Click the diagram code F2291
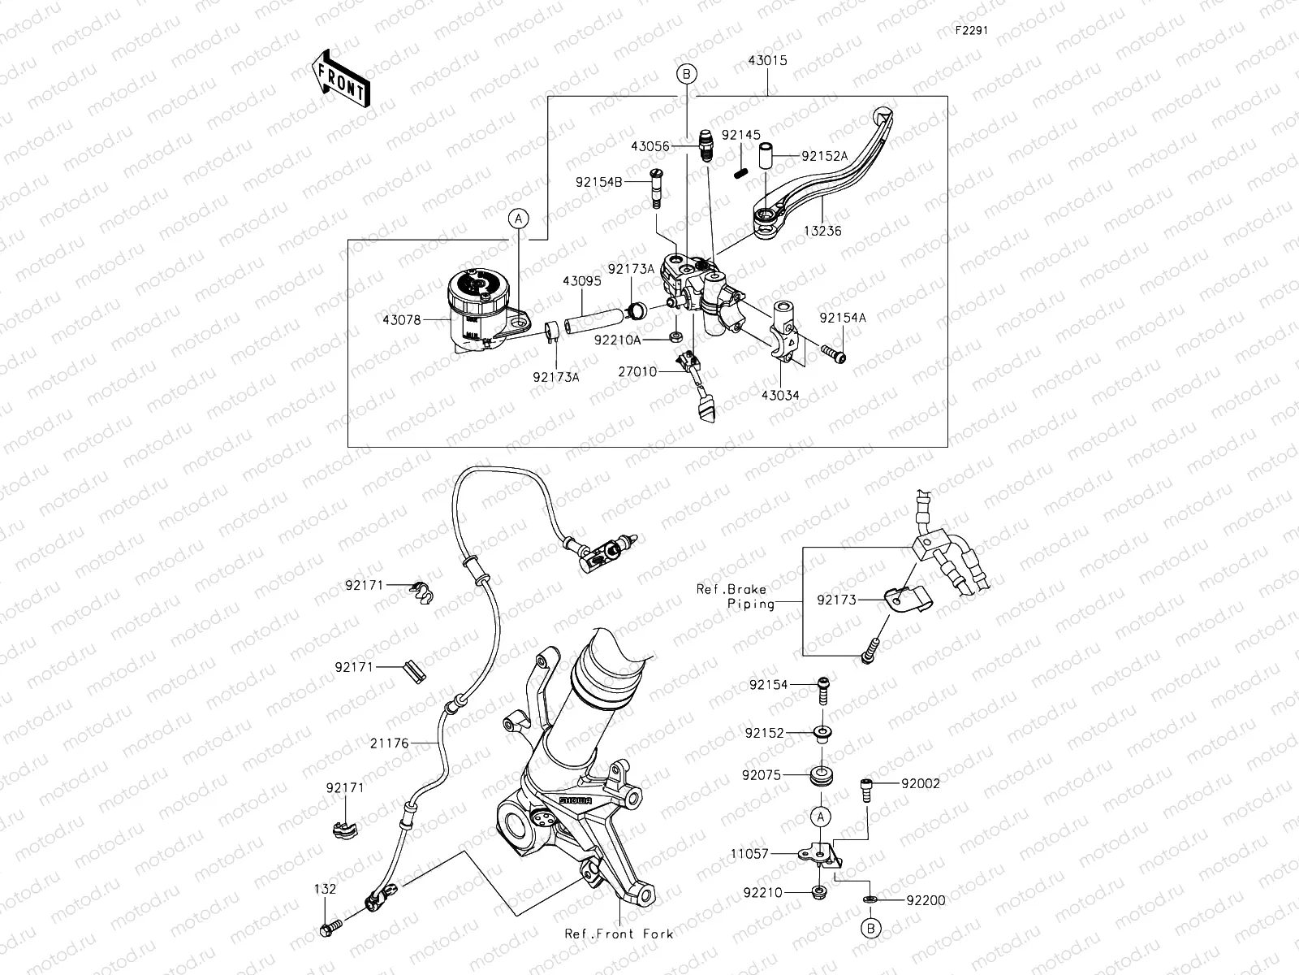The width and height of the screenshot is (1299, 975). (x=972, y=30)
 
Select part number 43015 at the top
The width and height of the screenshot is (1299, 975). (x=767, y=61)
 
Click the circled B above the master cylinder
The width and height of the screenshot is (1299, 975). (x=686, y=75)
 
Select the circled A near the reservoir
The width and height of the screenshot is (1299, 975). (x=519, y=218)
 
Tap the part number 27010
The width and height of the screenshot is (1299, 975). (x=637, y=371)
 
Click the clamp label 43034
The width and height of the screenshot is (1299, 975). (x=779, y=396)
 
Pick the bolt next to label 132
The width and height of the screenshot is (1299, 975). (x=332, y=926)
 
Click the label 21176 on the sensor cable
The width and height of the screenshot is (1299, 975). (x=389, y=743)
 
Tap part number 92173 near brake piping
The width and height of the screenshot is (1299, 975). (x=837, y=600)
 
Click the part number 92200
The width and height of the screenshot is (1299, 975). (x=926, y=900)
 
